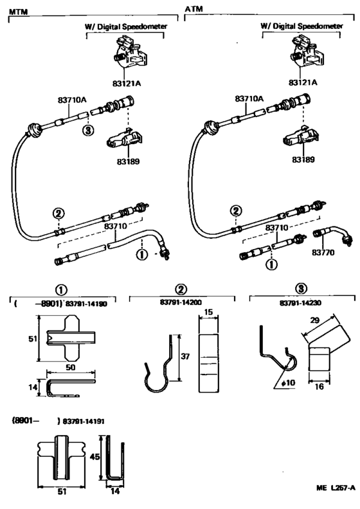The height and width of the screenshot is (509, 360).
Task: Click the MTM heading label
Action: click(x=18, y=12)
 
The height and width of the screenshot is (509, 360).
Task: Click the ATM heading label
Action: click(x=194, y=9)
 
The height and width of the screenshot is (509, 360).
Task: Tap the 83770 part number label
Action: click(x=323, y=252)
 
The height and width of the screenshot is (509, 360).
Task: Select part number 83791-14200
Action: click(x=181, y=302)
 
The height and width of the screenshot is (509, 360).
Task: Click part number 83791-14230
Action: click(x=300, y=303)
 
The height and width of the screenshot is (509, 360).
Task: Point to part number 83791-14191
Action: click(x=84, y=421)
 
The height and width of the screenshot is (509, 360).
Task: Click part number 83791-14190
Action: click(x=86, y=304)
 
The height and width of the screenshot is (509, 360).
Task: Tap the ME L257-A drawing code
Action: click(x=336, y=488)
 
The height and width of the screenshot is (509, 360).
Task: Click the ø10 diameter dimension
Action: click(x=288, y=383)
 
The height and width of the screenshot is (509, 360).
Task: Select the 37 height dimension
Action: click(x=185, y=356)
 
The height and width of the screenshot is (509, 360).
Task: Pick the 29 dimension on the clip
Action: click(x=314, y=320)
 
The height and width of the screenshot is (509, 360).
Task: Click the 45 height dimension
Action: click(x=94, y=457)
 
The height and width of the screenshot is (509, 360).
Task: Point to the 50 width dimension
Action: click(x=70, y=367)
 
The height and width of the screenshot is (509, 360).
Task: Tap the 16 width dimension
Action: click(x=319, y=386)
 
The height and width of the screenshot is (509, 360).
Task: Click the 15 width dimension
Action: click(x=208, y=312)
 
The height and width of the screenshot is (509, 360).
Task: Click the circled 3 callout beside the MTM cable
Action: click(x=88, y=131)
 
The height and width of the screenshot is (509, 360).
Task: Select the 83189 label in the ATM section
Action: click(x=303, y=160)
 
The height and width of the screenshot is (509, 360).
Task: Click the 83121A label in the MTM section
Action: click(x=127, y=84)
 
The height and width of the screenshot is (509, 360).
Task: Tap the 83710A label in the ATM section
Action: click(x=249, y=98)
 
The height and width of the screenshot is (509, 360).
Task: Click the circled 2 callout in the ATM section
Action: click(x=236, y=211)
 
